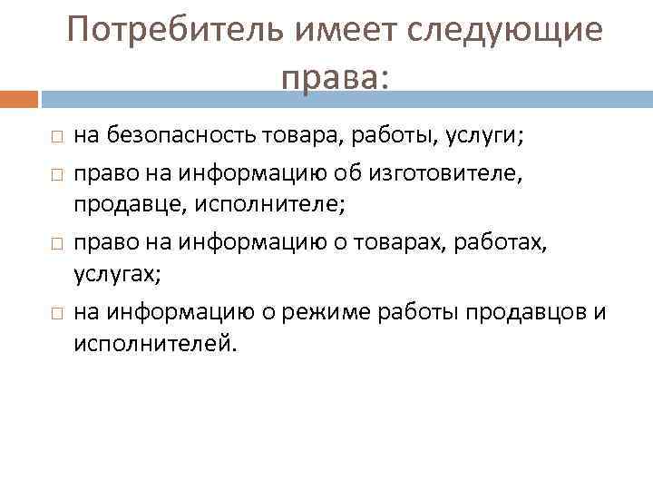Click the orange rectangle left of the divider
pos(18,96)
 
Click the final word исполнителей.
pos(153,346)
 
